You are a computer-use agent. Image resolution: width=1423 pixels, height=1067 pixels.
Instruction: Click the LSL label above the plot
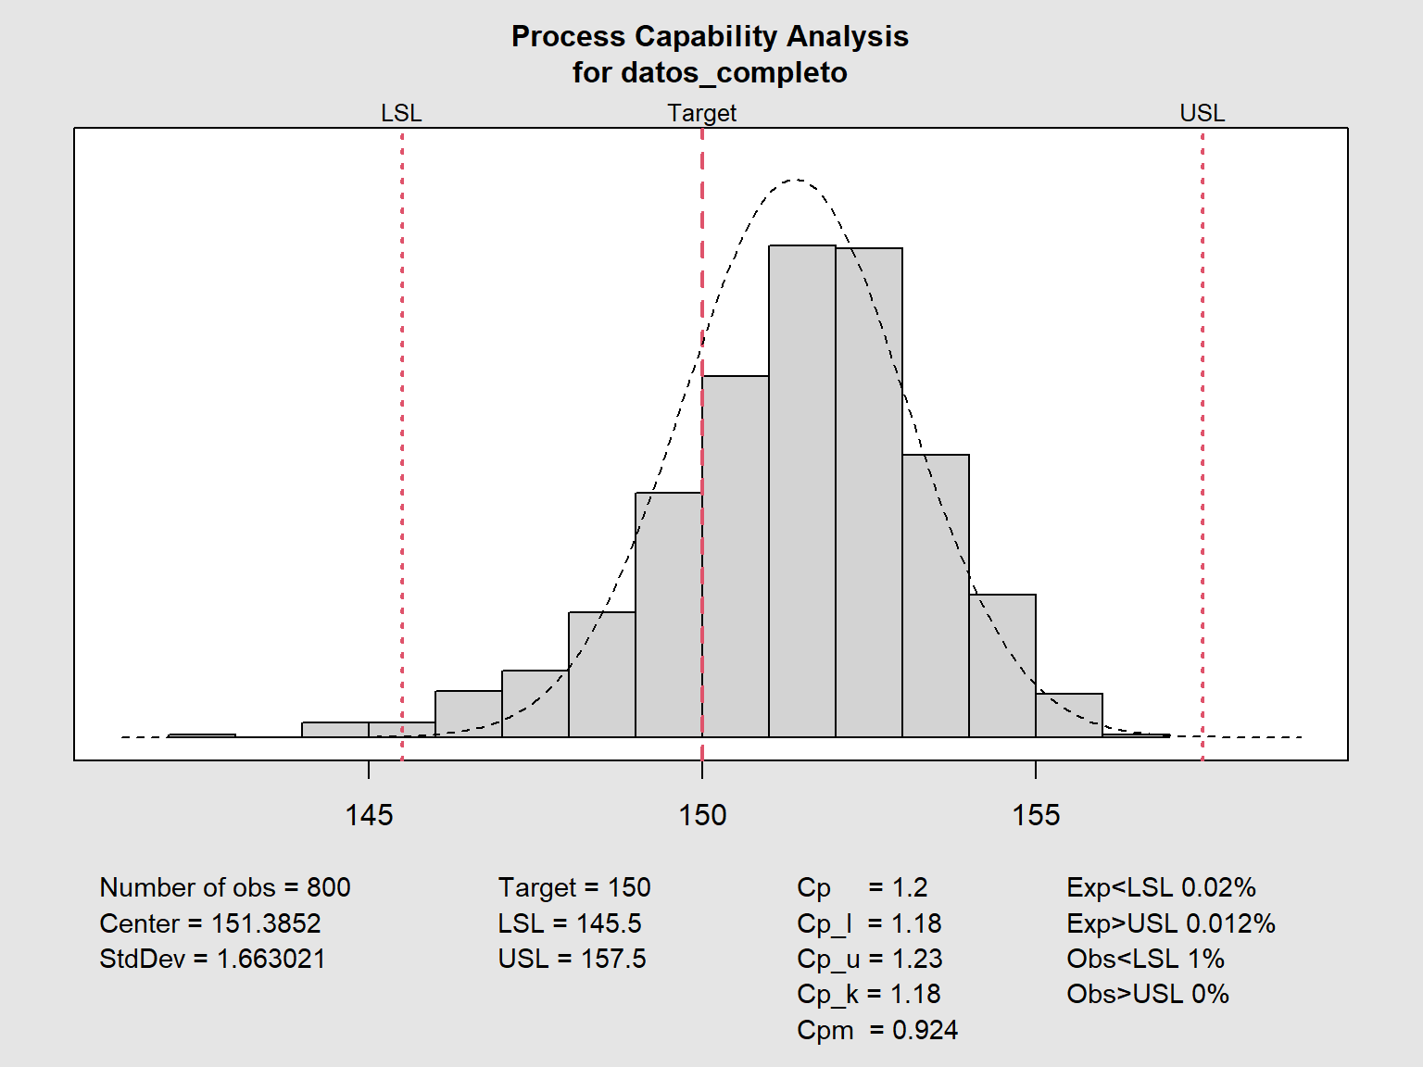tap(401, 113)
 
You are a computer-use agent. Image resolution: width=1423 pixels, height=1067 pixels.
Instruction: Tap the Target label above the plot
tap(701, 113)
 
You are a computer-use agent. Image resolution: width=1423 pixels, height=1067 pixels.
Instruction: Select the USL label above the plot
tap(1202, 113)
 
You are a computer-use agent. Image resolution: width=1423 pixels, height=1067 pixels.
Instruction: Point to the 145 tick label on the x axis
tap(369, 815)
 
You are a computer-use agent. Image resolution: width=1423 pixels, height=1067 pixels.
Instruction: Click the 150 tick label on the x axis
tap(702, 815)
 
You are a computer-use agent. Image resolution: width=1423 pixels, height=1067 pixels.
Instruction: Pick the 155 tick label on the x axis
tap(1036, 815)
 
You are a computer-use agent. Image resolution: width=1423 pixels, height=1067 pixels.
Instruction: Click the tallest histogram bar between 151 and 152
tap(802, 491)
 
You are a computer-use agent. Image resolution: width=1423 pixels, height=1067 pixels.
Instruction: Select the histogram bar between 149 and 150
tap(669, 615)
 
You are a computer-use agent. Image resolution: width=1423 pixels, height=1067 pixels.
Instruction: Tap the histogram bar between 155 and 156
tap(1069, 715)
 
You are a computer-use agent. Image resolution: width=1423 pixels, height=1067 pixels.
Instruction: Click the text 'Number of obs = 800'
tap(225, 887)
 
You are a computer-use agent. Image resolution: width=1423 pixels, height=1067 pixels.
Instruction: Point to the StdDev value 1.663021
tap(271, 959)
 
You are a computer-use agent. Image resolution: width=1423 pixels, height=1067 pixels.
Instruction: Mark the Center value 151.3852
tap(266, 923)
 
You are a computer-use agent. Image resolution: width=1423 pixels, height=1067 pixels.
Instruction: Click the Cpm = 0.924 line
tap(876, 1030)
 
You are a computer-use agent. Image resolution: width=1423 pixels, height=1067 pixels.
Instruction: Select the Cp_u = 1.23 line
tap(869, 959)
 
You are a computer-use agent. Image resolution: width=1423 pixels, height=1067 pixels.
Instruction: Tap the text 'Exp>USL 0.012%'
tap(1170, 923)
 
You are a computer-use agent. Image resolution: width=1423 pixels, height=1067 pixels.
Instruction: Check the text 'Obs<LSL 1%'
tap(1145, 959)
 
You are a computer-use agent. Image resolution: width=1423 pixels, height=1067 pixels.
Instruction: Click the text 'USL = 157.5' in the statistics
tap(572, 959)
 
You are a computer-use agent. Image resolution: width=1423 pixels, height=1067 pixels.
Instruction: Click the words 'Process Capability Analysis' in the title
tap(710, 36)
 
